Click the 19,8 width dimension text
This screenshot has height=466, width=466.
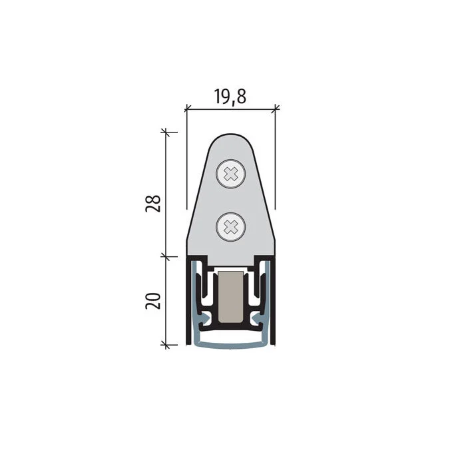coord(230,97)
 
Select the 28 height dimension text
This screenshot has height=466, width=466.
coord(152,203)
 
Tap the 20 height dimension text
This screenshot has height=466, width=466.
coord(152,301)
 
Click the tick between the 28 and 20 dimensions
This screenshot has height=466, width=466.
coord(166,256)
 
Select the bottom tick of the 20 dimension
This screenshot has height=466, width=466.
coord(166,345)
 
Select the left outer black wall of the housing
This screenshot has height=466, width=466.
coord(188,300)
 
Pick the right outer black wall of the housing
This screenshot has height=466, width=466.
coord(274,300)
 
